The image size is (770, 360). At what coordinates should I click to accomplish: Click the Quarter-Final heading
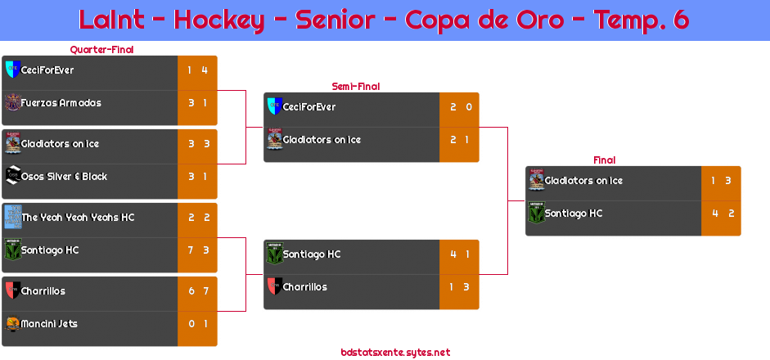coord(101,50)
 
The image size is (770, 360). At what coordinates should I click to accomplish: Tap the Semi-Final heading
coord(354,86)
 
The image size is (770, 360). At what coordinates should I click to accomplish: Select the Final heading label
coord(603,160)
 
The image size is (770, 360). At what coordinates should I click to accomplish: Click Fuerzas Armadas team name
coord(61,103)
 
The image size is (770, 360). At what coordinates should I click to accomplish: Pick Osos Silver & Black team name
coord(64,177)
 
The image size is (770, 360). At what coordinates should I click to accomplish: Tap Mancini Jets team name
coord(49,324)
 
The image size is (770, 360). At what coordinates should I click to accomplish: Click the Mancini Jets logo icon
coord(12,324)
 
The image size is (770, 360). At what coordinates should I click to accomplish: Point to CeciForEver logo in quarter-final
coord(11,70)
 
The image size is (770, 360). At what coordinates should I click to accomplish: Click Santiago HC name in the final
coord(574,214)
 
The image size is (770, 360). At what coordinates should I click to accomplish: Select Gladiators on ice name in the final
coord(583,181)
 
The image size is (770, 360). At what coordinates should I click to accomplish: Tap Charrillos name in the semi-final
coord(304,287)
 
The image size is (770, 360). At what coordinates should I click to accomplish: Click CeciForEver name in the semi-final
coord(309,107)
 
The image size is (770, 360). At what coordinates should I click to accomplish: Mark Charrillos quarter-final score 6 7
coord(197,291)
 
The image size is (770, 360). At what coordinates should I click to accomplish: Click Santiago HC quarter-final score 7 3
coord(197,250)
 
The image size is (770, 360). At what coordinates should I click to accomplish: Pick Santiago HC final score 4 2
coord(721,214)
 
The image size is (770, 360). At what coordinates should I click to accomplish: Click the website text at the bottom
coord(395,352)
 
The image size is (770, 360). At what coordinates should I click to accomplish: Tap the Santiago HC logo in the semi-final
coord(274,254)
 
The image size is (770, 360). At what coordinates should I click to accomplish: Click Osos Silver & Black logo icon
coord(12,176)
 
